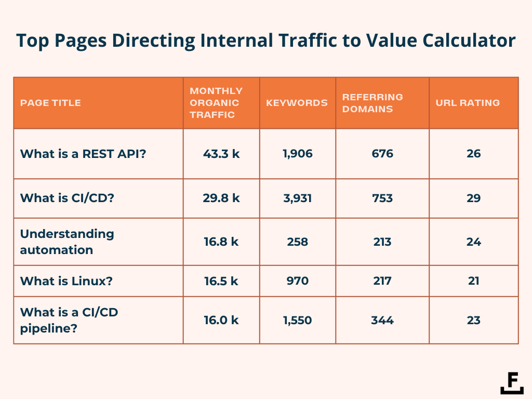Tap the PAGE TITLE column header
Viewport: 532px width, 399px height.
pyautogui.click(x=50, y=103)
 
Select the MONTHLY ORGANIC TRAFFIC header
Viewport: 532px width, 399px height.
pyautogui.click(x=216, y=103)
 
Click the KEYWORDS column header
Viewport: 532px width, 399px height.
pyautogui.click(x=297, y=103)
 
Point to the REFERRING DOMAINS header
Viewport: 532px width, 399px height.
pyautogui.click(x=372, y=103)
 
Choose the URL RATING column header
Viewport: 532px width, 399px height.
pyautogui.click(x=468, y=103)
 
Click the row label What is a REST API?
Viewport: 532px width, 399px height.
pyautogui.click(x=83, y=154)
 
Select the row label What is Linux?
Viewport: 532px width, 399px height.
pyautogui.click(x=66, y=281)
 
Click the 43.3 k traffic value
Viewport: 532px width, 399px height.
pyautogui.click(x=221, y=154)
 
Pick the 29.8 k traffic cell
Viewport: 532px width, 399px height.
pyautogui.click(x=221, y=198)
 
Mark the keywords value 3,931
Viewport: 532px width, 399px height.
pyautogui.click(x=298, y=198)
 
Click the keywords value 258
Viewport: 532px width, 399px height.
pyautogui.click(x=298, y=242)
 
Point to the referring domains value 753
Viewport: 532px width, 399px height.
pyautogui.click(x=382, y=198)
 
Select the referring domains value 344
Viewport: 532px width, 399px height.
pyautogui.click(x=382, y=320)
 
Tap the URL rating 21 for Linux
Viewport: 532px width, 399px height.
pyautogui.click(x=473, y=281)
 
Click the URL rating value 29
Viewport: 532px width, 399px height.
pyautogui.click(x=473, y=198)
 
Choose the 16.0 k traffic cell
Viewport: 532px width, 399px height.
pyautogui.click(x=221, y=320)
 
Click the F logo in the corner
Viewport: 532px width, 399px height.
pyautogui.click(x=512, y=383)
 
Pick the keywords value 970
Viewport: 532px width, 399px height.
pyautogui.click(x=298, y=281)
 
